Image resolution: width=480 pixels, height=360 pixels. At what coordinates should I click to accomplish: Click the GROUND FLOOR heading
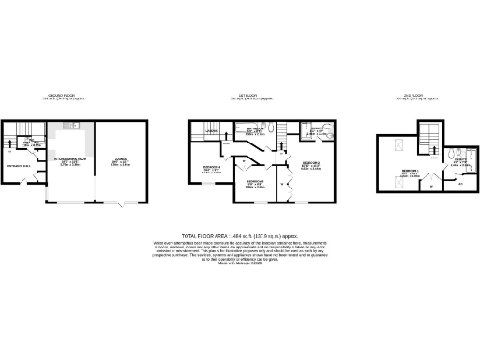tap(68, 96)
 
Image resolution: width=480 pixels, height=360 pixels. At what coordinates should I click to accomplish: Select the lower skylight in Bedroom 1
tap(398, 184)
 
